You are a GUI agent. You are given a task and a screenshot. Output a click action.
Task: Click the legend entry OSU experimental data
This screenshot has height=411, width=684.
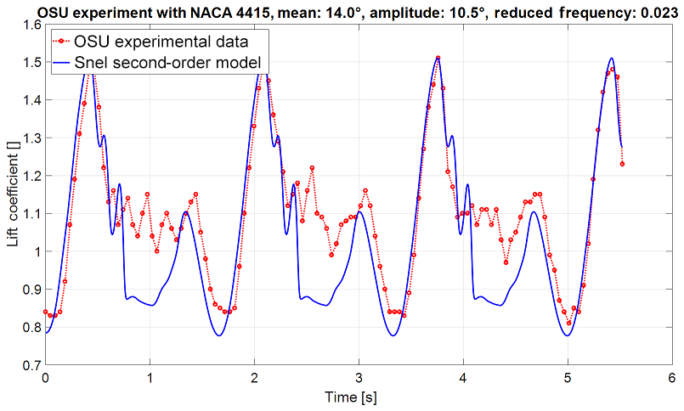162,40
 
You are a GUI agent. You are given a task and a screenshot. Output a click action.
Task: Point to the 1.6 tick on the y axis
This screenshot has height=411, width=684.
31,25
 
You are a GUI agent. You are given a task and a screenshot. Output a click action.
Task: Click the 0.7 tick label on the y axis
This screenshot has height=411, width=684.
31,365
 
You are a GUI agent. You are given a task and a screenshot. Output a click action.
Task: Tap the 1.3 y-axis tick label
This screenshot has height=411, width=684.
31,138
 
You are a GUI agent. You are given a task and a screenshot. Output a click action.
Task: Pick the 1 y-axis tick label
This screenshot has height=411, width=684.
37,251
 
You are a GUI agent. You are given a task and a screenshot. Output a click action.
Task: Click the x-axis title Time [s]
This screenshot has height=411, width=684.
358,397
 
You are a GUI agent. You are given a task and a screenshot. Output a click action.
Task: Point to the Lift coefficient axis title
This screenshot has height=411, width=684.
12,195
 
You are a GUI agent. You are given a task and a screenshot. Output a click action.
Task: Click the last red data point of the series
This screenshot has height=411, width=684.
623,164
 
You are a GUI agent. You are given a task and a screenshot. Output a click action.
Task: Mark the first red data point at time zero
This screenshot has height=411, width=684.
46,312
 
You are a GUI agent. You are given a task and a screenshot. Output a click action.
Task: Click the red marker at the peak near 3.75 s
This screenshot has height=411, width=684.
438,59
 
